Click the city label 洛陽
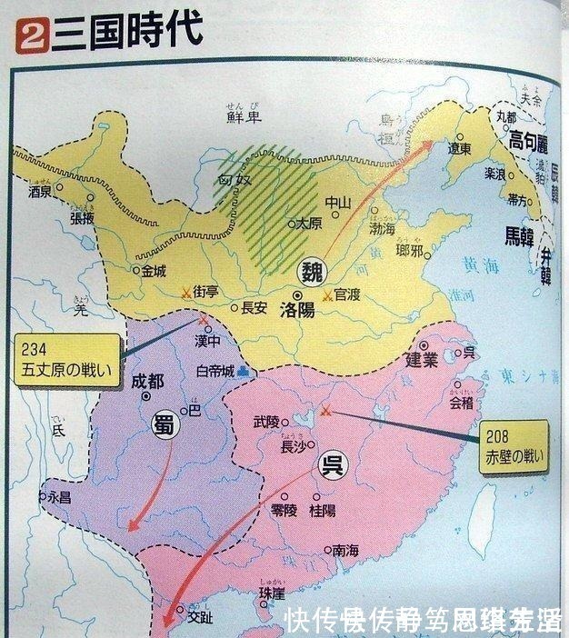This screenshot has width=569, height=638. (x=298, y=309)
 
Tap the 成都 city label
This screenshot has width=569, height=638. (x=150, y=380)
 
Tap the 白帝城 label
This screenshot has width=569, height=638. (x=215, y=373)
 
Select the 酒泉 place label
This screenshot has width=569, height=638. (x=40, y=193)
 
